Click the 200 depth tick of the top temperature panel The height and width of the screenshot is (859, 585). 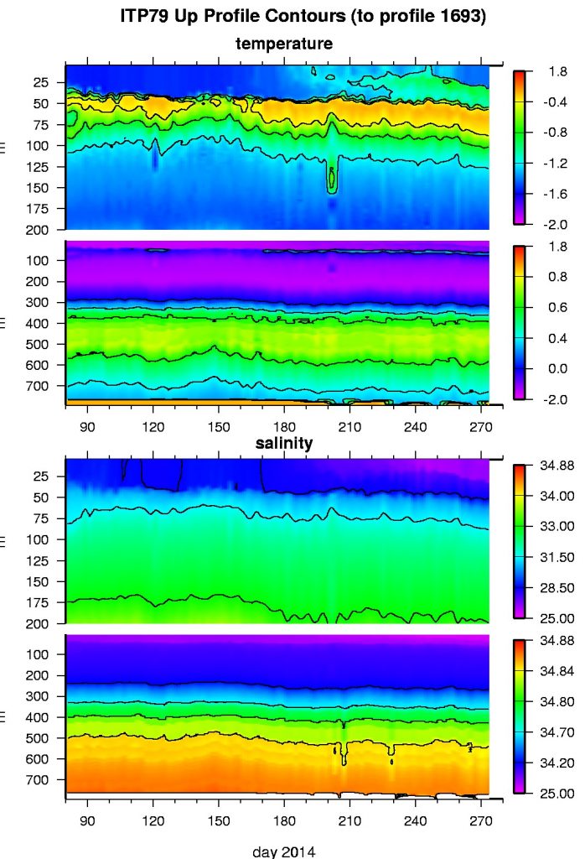coord(44,229)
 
